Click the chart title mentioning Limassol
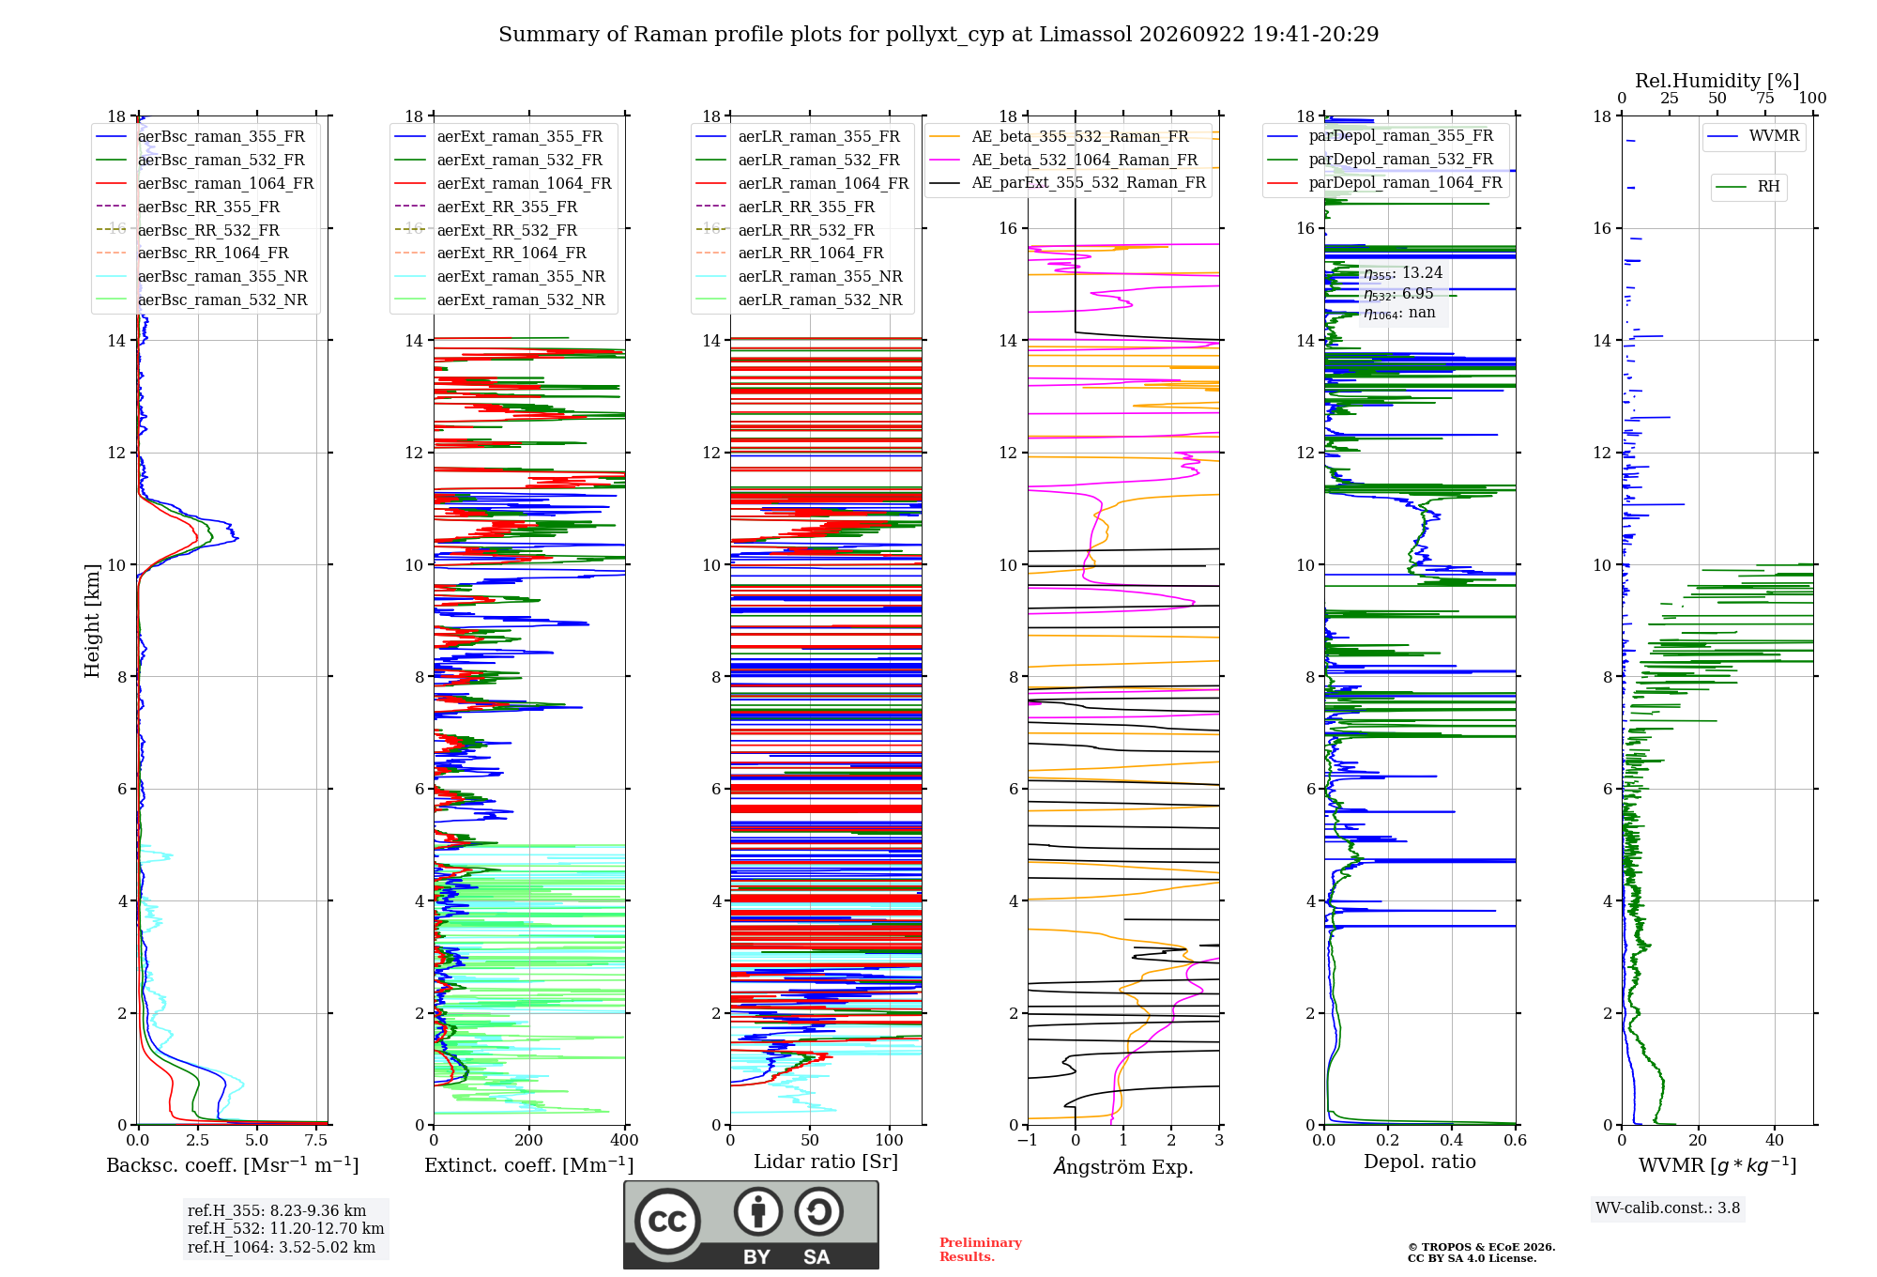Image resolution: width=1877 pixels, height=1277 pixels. (x=938, y=35)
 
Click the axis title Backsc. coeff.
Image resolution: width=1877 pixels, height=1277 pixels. (x=233, y=1165)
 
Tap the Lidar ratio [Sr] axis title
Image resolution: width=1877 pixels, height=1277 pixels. (x=826, y=1162)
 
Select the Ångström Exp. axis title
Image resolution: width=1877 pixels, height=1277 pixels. (x=1123, y=1166)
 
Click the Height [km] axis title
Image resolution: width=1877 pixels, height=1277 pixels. (x=92, y=621)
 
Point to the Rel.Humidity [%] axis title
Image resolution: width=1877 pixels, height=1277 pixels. (x=1717, y=81)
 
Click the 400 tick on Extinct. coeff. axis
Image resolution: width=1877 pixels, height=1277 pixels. (x=625, y=1141)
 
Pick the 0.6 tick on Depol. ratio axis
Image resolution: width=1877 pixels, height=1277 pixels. (x=1516, y=1141)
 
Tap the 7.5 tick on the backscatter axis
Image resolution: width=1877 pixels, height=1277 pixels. (x=316, y=1141)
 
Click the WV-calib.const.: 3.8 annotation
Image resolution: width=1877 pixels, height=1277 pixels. (x=1668, y=1208)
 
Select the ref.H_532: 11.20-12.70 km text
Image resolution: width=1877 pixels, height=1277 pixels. (x=285, y=1229)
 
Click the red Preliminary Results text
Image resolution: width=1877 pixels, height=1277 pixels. (x=981, y=1250)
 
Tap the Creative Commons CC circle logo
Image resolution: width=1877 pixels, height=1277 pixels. (x=667, y=1221)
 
